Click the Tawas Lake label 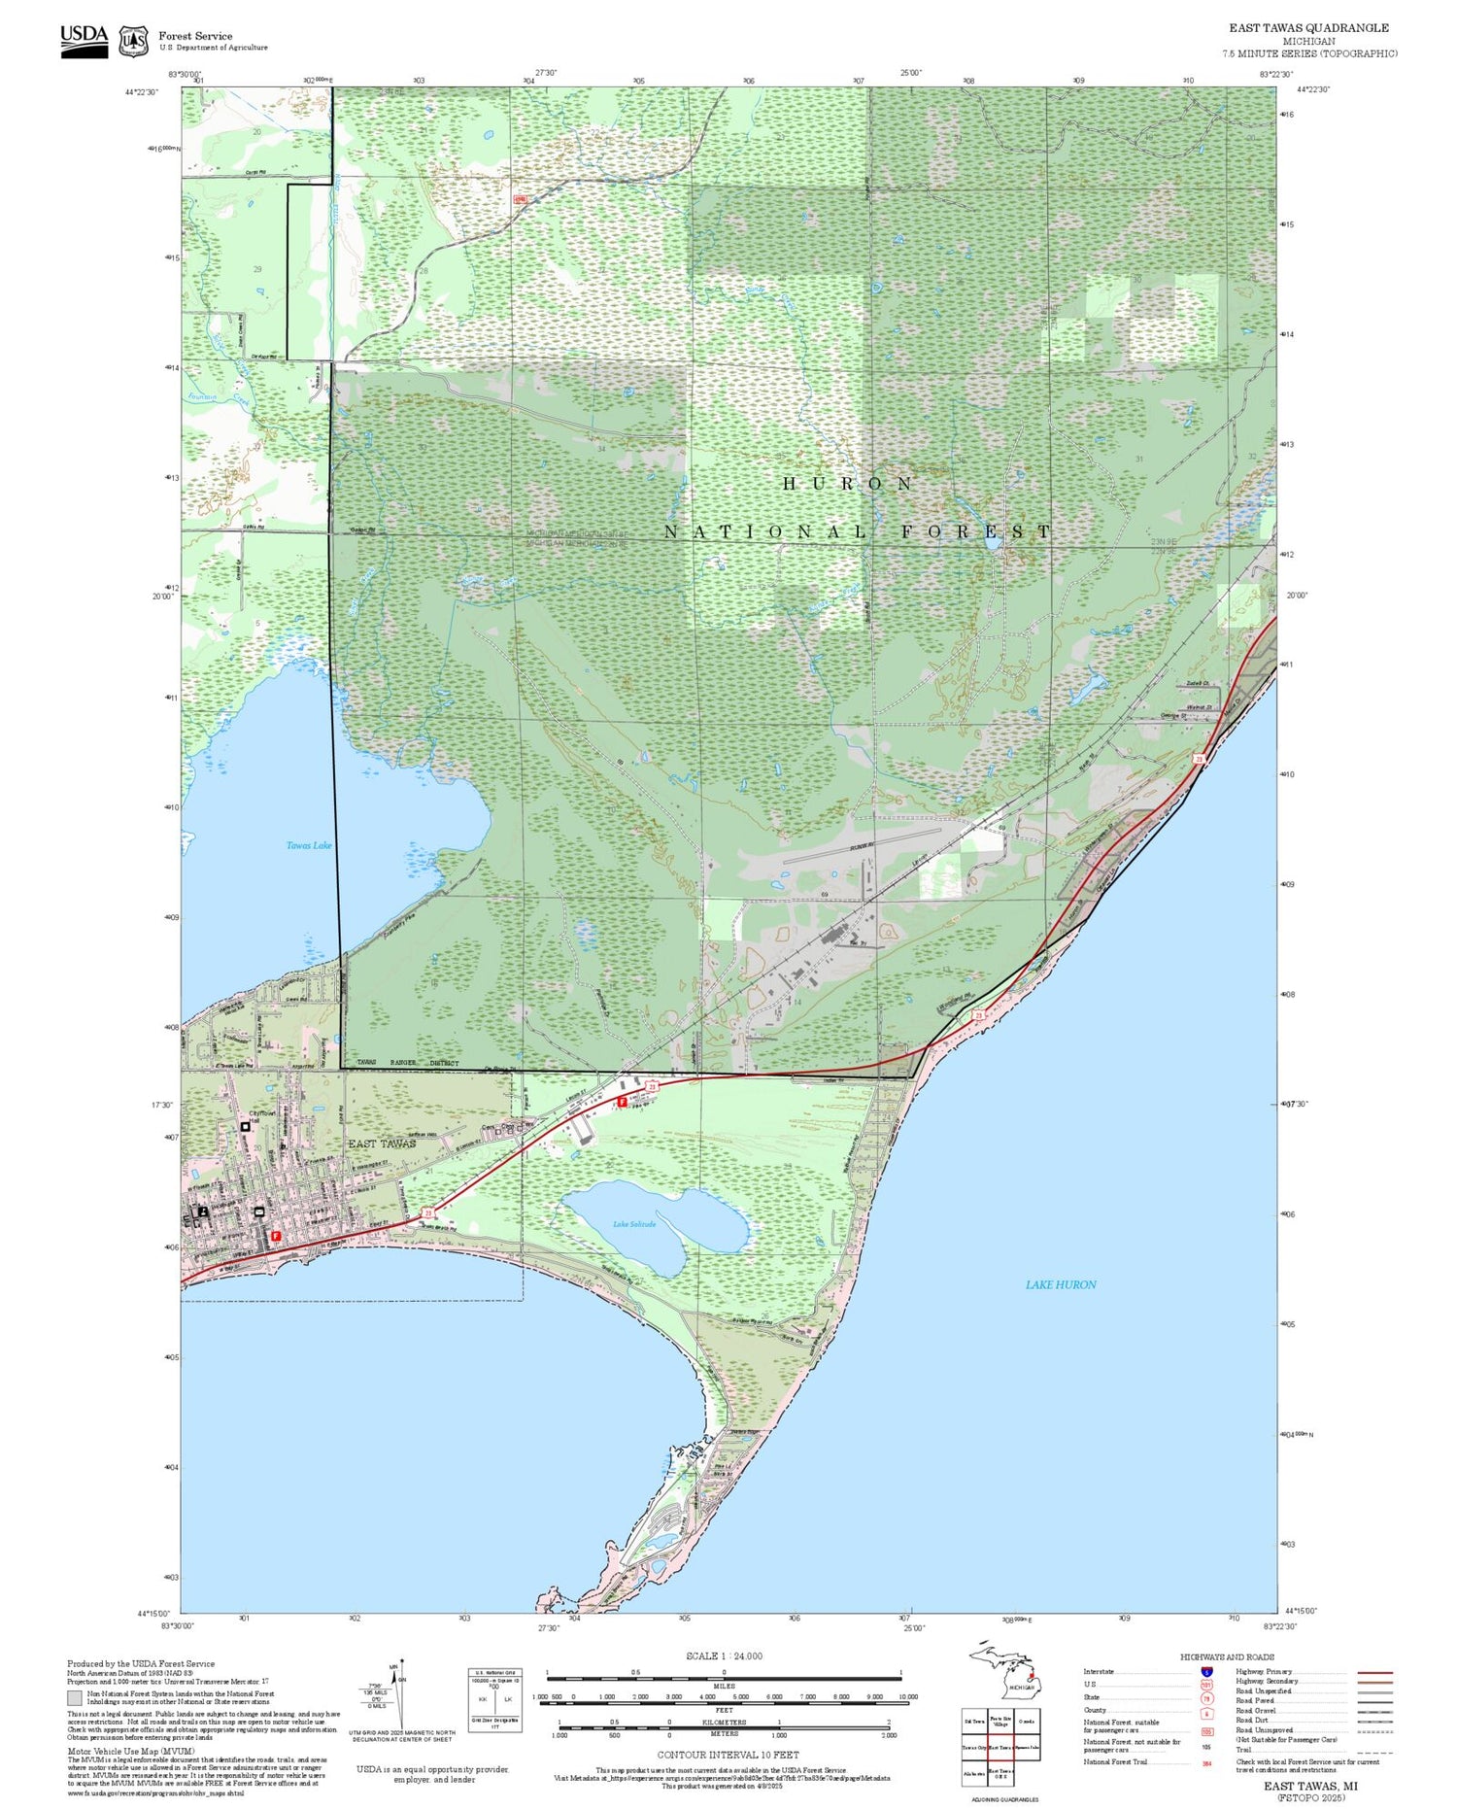(308, 845)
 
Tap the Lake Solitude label (633, 1224)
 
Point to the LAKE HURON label (1061, 1284)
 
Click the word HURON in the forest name (848, 484)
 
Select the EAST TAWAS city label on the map (382, 1143)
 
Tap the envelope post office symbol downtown (258, 1212)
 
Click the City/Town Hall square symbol (245, 1126)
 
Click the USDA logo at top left (84, 40)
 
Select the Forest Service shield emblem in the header (133, 41)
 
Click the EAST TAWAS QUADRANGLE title (1308, 28)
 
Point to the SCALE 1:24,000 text (724, 1655)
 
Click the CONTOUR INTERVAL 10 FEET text (728, 1755)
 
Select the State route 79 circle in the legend (1206, 1698)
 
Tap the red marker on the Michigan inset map (1030, 1675)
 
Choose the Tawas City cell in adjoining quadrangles (974, 1747)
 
